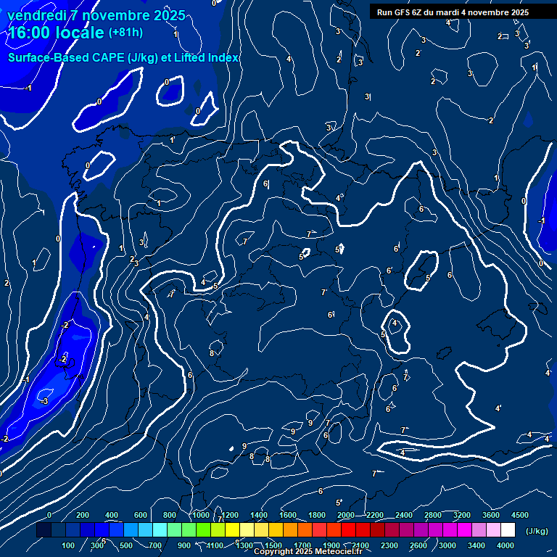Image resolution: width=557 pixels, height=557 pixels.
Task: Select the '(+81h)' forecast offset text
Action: (x=125, y=33)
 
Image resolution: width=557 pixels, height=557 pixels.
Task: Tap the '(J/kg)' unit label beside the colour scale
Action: (x=537, y=532)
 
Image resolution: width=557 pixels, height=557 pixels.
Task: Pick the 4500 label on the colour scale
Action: (x=520, y=515)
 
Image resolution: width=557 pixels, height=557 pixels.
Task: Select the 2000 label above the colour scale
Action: (x=346, y=515)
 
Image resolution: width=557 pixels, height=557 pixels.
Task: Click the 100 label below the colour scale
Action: (x=69, y=545)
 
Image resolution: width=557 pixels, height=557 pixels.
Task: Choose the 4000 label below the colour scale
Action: (x=506, y=545)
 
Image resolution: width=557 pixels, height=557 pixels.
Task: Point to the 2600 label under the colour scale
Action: (x=418, y=545)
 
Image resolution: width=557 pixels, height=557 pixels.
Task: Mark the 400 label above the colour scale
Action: (x=112, y=515)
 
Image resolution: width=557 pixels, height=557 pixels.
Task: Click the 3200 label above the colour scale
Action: (x=462, y=515)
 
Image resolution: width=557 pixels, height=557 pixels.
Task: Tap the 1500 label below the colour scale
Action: (x=273, y=545)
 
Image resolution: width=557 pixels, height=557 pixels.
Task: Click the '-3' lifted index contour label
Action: (x=44, y=401)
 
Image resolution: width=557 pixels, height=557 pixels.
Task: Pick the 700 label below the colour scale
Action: (x=156, y=545)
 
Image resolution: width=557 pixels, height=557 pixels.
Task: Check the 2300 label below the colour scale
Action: (x=389, y=545)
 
